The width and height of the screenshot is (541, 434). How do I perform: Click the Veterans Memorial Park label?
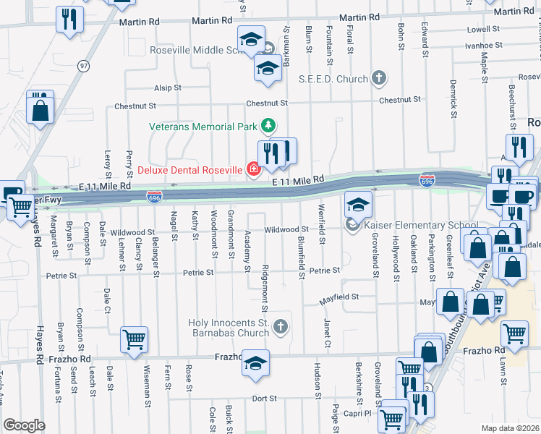point(203,126)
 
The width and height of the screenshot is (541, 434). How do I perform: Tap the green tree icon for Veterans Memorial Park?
point(268,126)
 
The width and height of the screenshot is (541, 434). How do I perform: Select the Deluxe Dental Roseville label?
point(189,170)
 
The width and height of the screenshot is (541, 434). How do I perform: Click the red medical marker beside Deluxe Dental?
point(253,170)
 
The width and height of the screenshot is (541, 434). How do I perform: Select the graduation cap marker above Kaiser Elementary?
point(358,205)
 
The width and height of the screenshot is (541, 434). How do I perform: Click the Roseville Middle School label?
point(200,51)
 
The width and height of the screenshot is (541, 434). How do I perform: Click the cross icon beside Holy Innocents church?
point(281,328)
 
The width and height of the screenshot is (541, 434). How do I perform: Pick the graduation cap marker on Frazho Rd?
point(255,363)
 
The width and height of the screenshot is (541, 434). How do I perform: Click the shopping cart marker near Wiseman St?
point(135,339)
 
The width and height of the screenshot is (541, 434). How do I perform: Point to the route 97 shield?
point(85,66)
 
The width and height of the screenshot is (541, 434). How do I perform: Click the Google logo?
point(24,425)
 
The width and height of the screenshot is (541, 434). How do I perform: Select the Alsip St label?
point(167,88)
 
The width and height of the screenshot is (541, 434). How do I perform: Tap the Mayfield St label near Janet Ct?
point(340,297)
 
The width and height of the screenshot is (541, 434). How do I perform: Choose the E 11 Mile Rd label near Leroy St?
point(105,186)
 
